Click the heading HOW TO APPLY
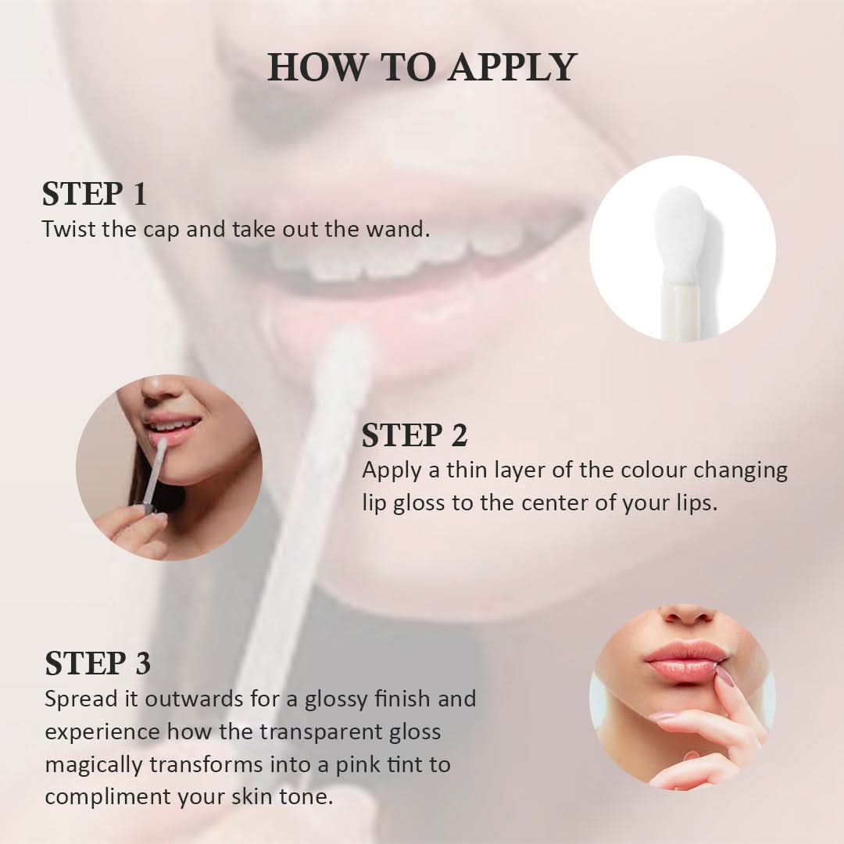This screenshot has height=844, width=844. (x=422, y=67)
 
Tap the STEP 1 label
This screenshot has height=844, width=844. (x=95, y=195)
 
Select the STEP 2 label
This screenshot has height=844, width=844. (x=414, y=436)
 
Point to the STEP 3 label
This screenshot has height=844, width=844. (x=98, y=663)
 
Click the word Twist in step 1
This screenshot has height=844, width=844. (x=65, y=230)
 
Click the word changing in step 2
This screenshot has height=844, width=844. (x=742, y=471)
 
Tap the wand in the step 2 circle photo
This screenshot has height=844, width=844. (x=153, y=473)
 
